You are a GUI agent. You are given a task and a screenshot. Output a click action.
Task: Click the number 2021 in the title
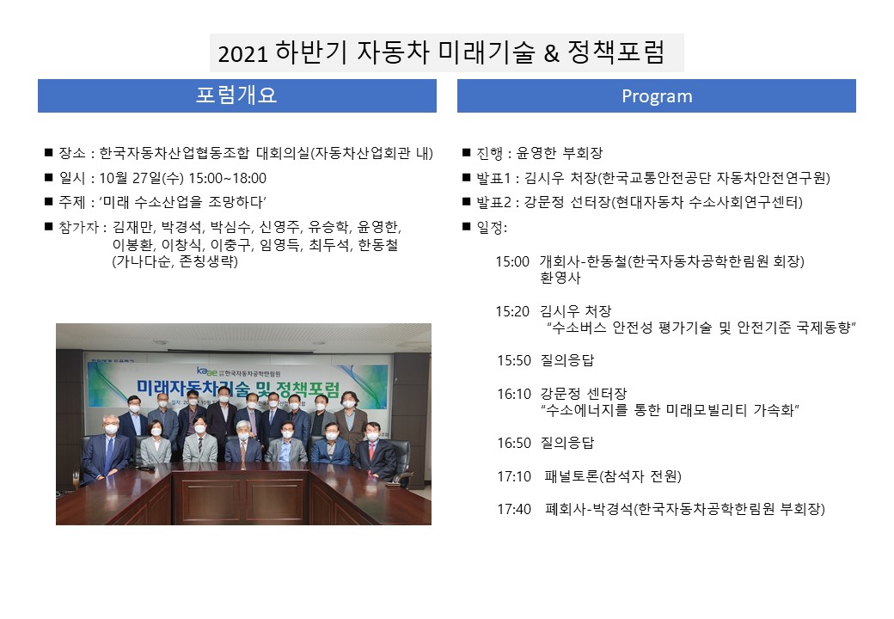[242, 53]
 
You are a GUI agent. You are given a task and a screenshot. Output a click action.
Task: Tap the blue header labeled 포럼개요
[237, 95]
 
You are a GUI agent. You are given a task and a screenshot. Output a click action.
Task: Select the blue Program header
[656, 95]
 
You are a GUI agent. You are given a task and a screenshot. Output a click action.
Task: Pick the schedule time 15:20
[512, 311]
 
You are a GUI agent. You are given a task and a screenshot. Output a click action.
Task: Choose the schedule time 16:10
[514, 394]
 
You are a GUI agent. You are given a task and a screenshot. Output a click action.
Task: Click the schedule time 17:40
[514, 509]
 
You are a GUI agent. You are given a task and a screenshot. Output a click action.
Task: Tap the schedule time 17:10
[514, 476]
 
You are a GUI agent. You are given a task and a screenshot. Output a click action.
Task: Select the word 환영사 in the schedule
[560, 279]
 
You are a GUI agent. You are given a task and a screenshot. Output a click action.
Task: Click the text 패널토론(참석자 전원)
[613, 476]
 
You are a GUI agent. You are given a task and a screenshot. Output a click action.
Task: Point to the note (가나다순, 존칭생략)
[175, 261]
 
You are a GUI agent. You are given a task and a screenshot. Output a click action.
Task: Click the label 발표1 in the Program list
[493, 179]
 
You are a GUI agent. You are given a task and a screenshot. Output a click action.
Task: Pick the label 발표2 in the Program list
[493, 202]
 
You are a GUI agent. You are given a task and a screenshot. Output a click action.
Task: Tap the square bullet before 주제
[48, 201]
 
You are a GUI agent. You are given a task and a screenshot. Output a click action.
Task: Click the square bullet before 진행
[467, 152]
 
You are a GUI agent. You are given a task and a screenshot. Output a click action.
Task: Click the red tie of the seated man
[372, 450]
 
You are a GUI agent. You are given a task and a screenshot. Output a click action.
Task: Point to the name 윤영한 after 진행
[536, 153]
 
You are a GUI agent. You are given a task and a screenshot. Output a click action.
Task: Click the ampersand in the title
[551, 53]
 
